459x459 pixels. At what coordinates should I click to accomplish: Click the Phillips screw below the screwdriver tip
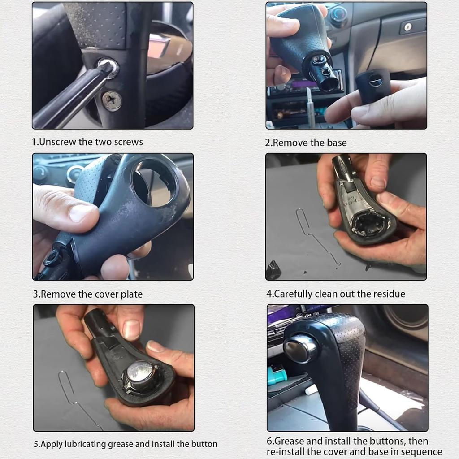[112, 100]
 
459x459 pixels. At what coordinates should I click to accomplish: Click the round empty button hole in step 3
[155, 182]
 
